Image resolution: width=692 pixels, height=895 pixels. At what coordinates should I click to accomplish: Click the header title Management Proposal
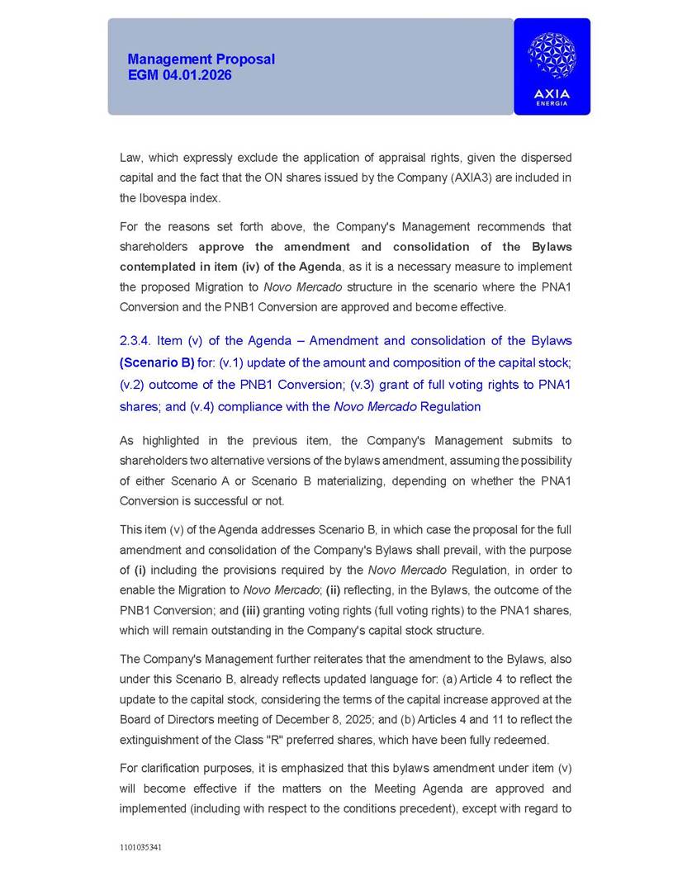click(x=201, y=59)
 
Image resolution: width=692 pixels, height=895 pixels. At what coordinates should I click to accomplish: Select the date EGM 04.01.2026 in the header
click(x=179, y=75)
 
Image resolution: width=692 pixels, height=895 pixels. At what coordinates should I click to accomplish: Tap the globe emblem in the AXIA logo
click(x=552, y=56)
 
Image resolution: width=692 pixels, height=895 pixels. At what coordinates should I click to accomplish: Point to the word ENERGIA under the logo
click(x=552, y=103)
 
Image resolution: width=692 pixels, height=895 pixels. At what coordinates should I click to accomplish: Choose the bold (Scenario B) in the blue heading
click(x=157, y=362)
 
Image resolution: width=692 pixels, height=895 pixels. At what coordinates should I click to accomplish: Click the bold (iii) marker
click(x=254, y=610)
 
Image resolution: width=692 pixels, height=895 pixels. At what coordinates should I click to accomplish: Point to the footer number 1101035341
click(x=140, y=847)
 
